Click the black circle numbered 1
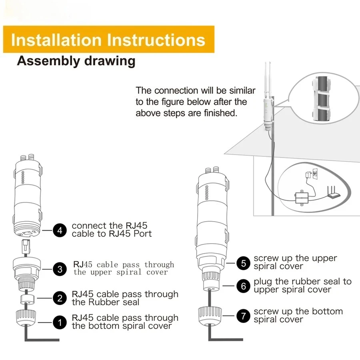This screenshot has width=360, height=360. click(60, 322)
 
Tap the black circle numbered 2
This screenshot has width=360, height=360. click(60, 298)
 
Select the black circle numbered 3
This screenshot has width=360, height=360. click(60, 269)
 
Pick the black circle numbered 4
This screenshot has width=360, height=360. click(60, 230)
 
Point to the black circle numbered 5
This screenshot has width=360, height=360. click(243, 263)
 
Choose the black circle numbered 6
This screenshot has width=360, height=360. click(243, 286)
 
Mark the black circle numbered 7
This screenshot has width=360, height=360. click(243, 316)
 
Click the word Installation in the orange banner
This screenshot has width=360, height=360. click(56, 40)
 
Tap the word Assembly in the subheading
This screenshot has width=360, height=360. click(48, 62)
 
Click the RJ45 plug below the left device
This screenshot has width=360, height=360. click(26, 246)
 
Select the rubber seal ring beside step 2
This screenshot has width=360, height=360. click(27, 299)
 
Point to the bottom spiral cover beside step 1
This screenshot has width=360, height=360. click(26, 318)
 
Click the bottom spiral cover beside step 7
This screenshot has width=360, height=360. click(210, 316)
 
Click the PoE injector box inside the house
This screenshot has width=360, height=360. click(302, 198)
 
